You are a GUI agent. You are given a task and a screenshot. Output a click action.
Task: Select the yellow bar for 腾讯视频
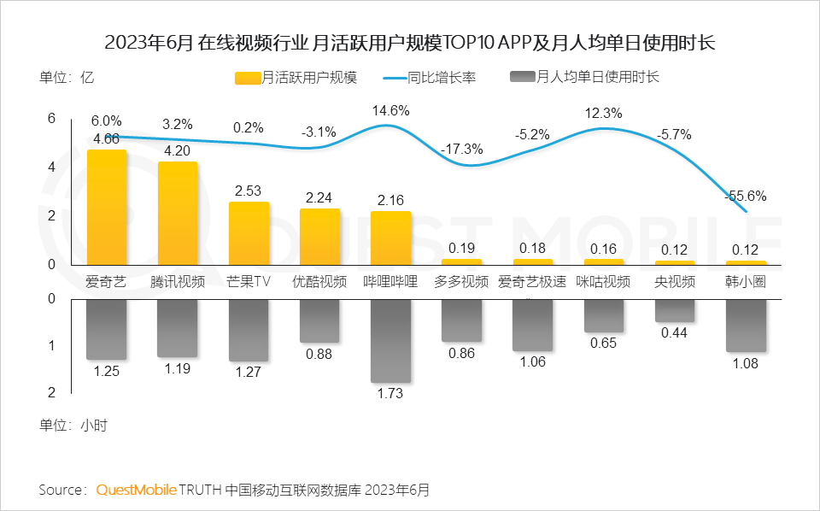[178, 214]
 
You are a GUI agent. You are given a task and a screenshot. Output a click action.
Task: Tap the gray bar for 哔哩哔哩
[390, 340]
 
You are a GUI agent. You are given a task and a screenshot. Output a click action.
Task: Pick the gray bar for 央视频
[675, 310]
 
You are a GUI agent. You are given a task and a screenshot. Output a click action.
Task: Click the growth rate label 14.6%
[390, 110]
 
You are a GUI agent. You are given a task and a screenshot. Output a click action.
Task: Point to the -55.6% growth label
[745, 196]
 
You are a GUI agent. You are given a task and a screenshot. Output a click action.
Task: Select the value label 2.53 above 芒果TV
[249, 191]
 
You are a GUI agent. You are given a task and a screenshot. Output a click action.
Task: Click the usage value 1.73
[390, 394]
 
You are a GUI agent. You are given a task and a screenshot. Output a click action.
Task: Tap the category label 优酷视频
[319, 282]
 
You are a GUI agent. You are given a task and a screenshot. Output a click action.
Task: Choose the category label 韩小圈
[745, 282]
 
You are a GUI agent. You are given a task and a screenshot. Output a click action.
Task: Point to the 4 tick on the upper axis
[51, 167]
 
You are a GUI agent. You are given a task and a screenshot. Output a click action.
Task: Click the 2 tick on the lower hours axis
[51, 392]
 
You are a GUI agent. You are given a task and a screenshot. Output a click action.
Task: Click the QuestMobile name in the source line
[136, 490]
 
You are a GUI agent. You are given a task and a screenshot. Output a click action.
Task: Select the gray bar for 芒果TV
[249, 330]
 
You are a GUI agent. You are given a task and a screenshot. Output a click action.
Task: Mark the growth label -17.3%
[462, 150]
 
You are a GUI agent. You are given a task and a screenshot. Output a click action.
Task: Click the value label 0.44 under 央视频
[675, 333]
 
